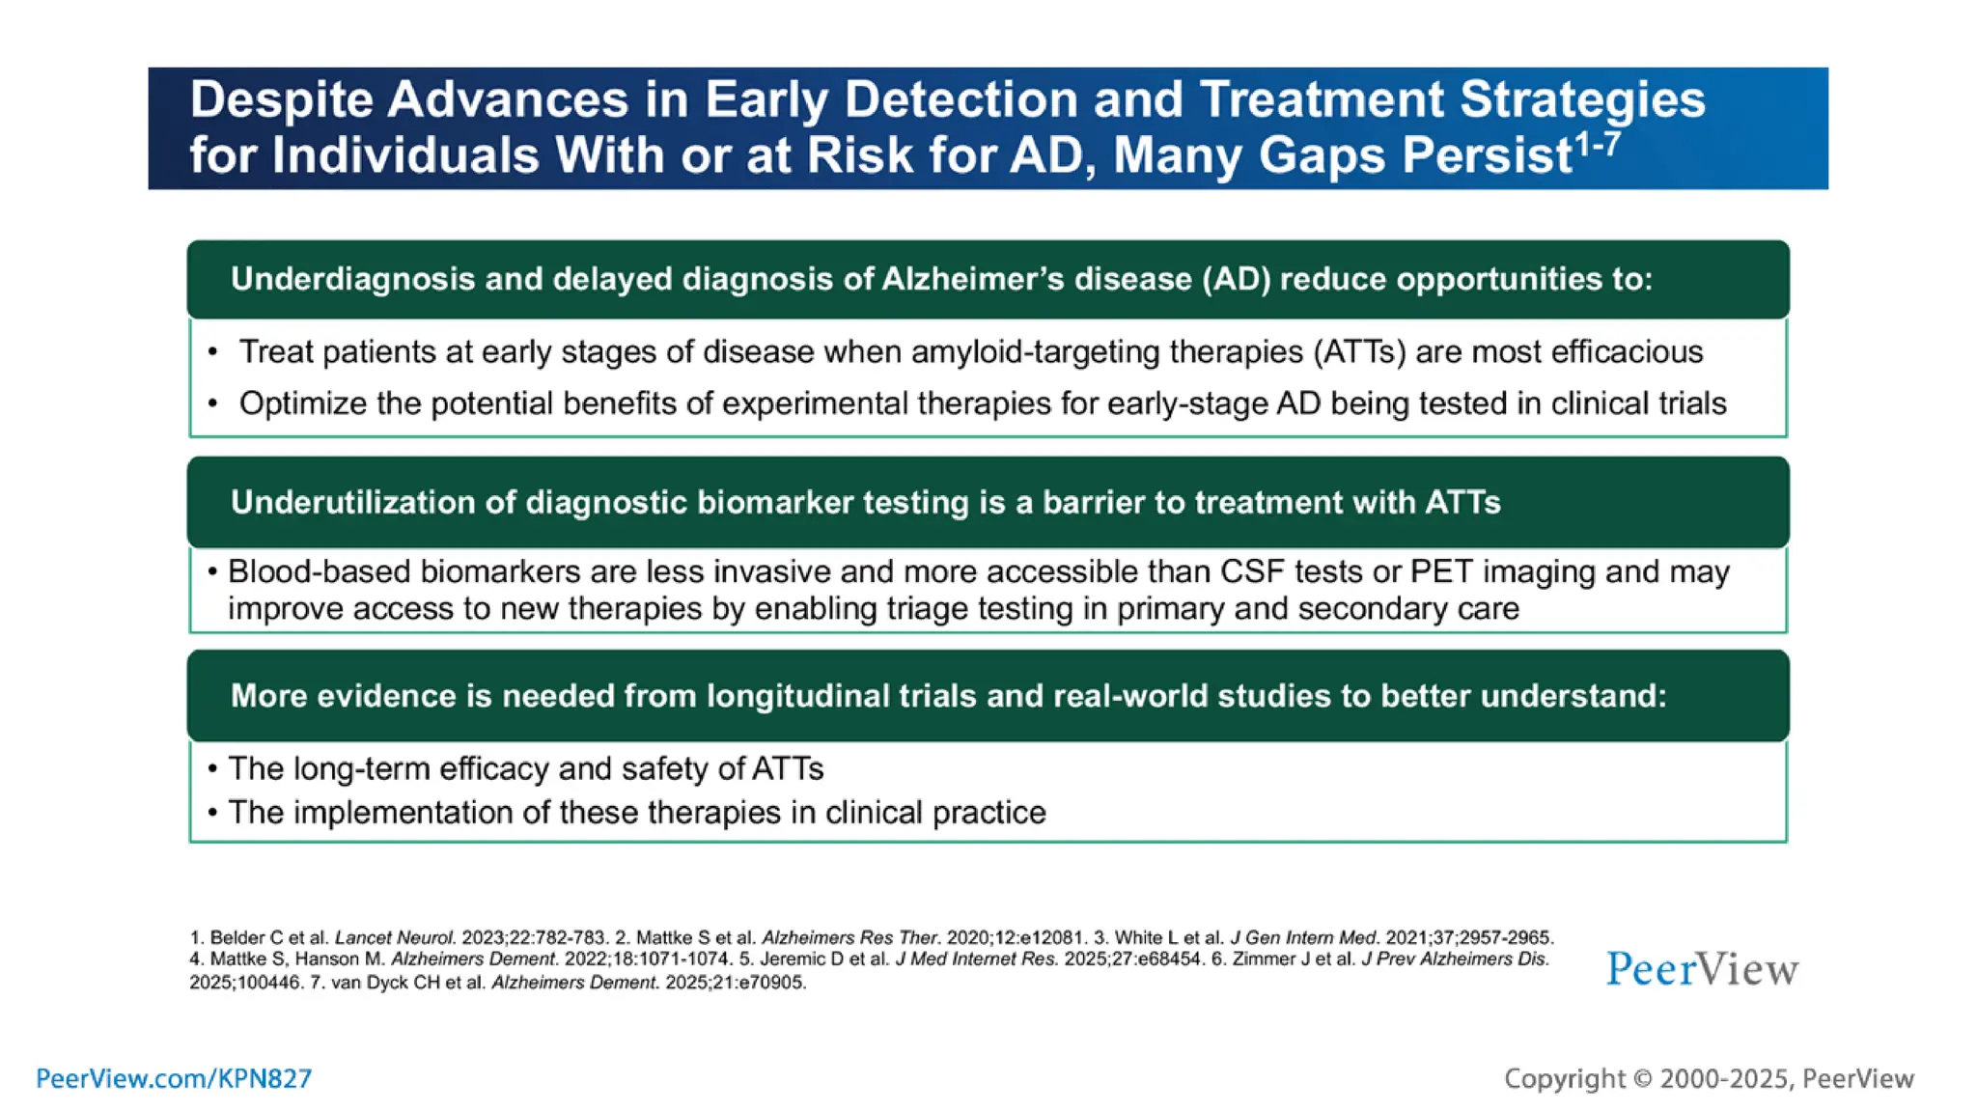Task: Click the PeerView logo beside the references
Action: [x=1702, y=968]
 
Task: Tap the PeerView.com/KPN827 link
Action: [x=174, y=1078]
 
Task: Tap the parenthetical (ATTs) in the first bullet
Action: [x=1359, y=352]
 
